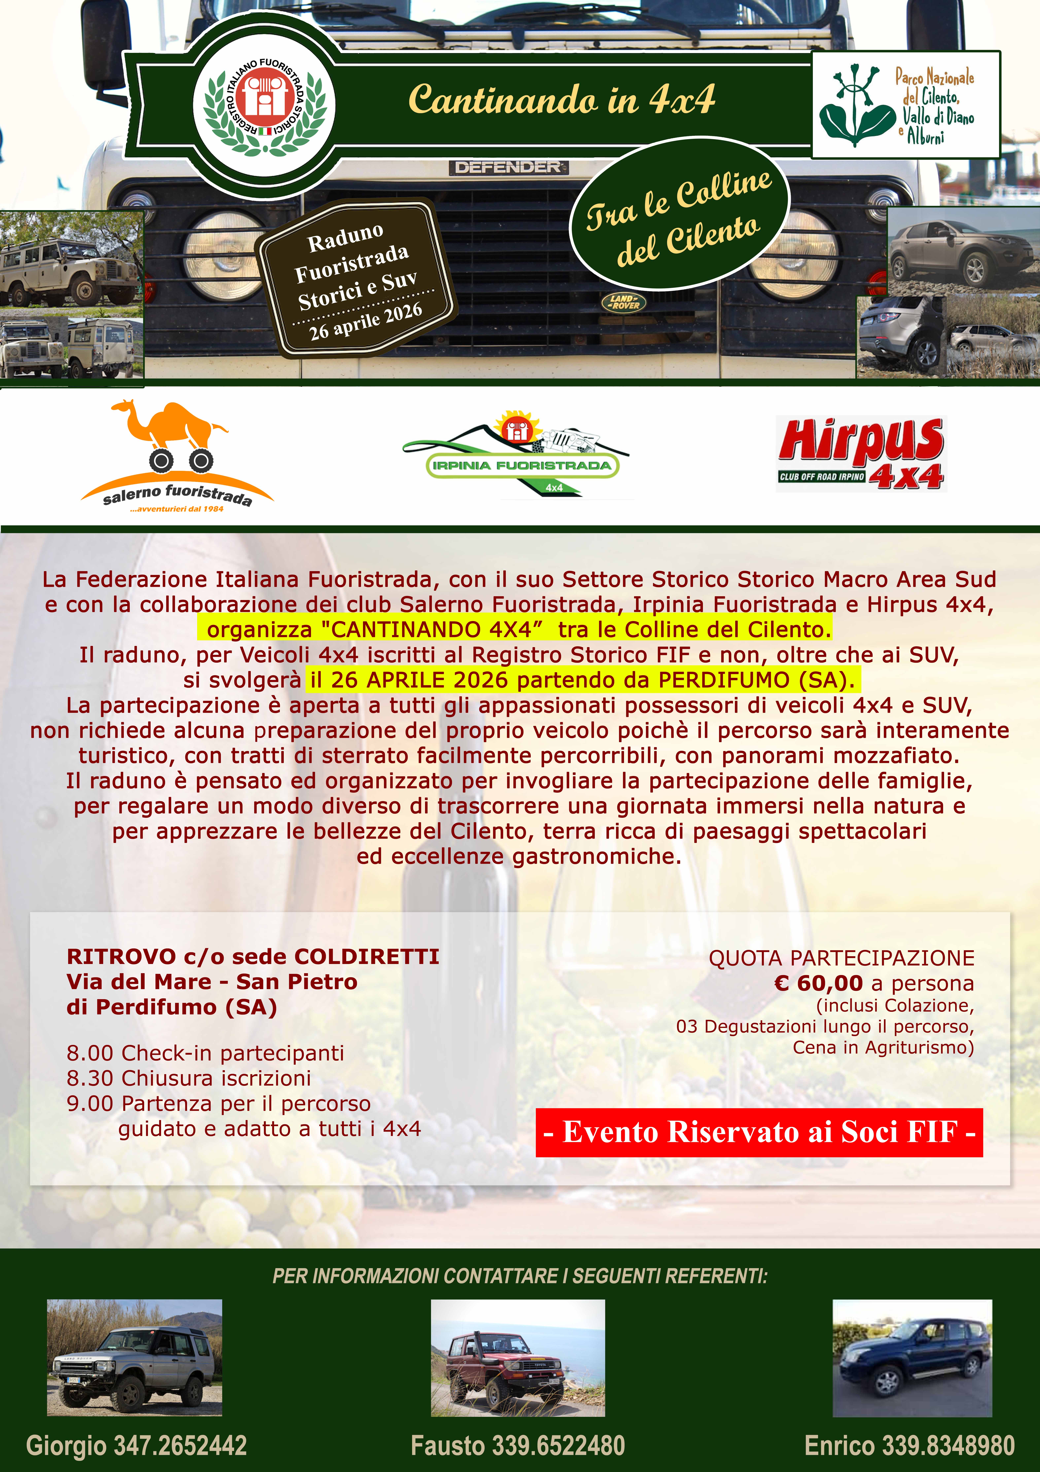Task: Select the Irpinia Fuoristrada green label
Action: [x=522, y=465]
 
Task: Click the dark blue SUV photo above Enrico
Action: [x=912, y=1357]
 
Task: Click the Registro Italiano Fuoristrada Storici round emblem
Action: [x=264, y=103]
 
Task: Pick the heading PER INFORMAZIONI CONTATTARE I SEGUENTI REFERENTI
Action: [x=520, y=1276]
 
